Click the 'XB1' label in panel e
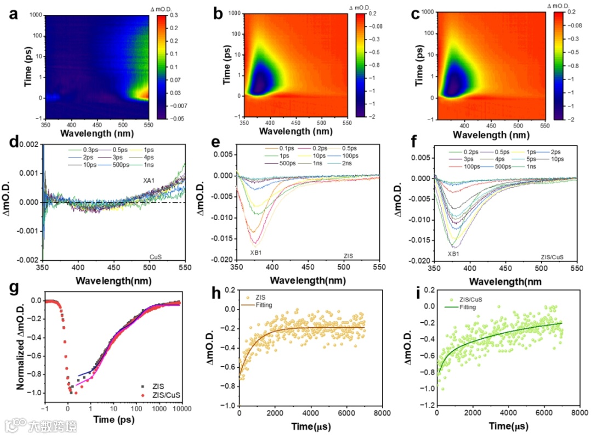(256, 252)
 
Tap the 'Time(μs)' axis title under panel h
(311, 426)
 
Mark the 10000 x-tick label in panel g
(182, 408)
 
